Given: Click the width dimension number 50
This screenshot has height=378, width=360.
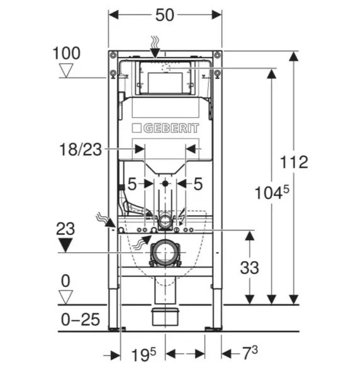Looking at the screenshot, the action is point(164,15).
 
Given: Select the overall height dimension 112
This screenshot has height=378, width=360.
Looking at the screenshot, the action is point(294,162).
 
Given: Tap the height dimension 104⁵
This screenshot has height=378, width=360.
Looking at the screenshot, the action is point(272,192).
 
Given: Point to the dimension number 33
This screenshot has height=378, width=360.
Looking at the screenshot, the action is point(249,267).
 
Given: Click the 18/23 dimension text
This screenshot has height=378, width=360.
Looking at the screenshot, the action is point(81,149).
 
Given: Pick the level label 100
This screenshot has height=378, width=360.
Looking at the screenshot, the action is point(67,53).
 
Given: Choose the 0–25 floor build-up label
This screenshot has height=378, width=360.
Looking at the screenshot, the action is point(80,319).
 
